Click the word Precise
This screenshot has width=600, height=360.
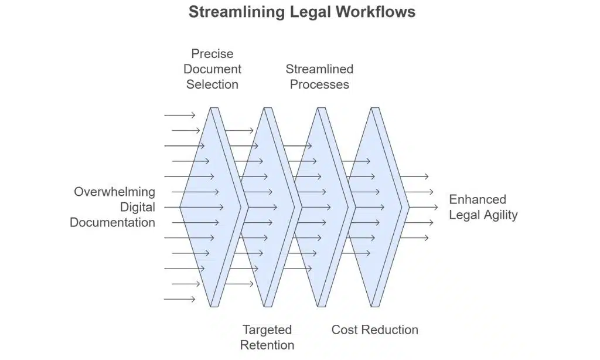212,54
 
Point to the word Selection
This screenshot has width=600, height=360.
212,84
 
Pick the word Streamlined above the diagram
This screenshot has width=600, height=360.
319,69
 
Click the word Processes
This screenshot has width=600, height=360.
319,84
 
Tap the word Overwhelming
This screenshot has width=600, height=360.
114,192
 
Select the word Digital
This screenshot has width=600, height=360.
138,207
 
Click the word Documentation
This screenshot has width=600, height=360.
112,222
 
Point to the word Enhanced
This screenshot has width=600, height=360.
477,199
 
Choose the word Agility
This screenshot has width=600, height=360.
500,215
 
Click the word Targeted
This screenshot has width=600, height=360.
267,330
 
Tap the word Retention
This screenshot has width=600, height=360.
267,345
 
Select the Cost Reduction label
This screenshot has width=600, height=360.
374,330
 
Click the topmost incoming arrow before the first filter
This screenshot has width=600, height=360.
179,116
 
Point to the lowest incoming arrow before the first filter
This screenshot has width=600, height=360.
179,299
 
